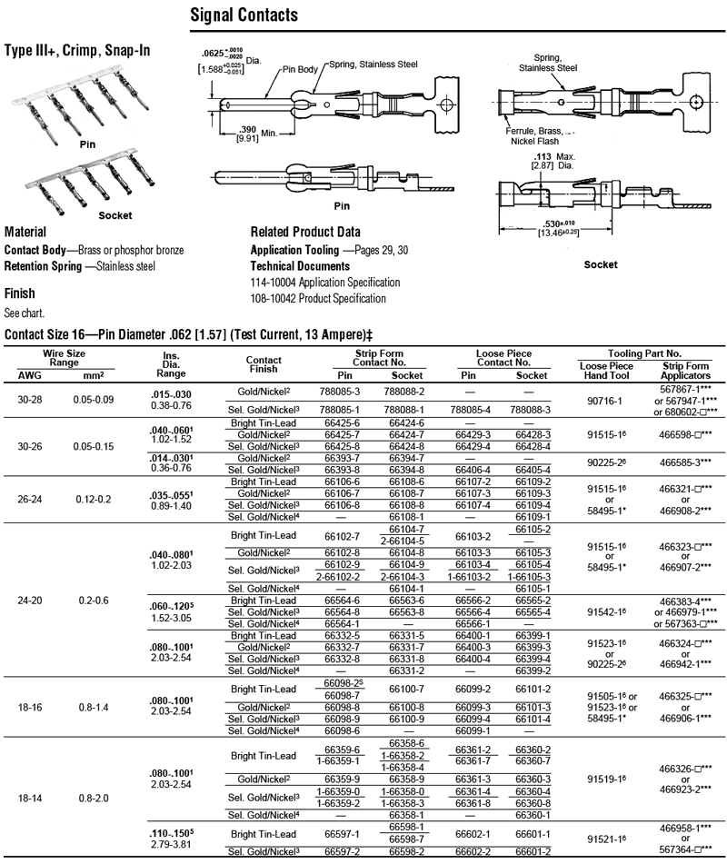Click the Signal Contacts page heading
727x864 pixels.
coord(244,16)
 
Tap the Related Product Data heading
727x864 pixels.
coord(305,232)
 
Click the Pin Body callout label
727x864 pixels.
coord(303,68)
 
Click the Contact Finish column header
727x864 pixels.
coord(264,364)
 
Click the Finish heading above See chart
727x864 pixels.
coord(19,293)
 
